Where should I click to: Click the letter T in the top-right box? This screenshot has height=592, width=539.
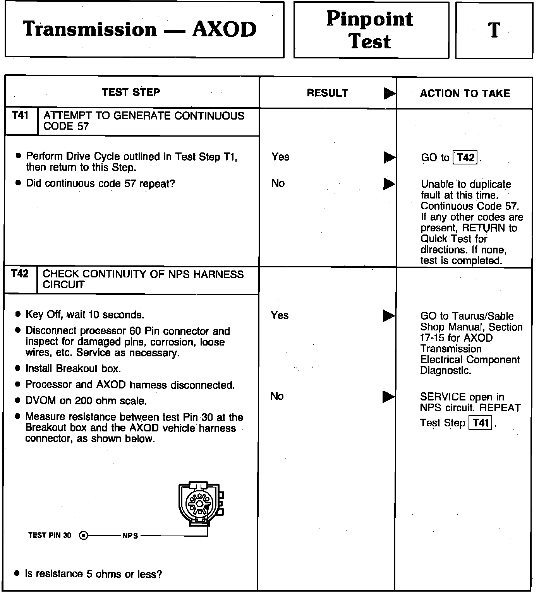(x=494, y=31)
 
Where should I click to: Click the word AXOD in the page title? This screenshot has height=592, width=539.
(x=224, y=30)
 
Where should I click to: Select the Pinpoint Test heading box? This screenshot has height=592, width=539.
(x=371, y=30)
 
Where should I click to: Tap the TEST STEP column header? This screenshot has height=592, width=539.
(x=131, y=92)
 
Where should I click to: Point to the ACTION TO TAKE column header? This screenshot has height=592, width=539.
(x=465, y=94)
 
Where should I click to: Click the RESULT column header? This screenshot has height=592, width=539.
(x=327, y=93)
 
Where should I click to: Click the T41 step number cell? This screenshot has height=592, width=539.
(x=21, y=115)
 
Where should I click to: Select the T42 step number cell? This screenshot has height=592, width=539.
(x=20, y=274)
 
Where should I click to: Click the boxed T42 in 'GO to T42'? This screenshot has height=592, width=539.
(x=465, y=157)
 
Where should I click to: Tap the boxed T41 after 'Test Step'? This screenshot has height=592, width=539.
(x=480, y=423)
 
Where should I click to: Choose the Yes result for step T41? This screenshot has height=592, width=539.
(x=280, y=157)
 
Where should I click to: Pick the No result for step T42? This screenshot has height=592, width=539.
(x=277, y=396)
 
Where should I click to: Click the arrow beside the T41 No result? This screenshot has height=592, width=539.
(x=389, y=183)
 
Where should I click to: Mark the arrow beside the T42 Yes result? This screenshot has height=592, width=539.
(x=388, y=316)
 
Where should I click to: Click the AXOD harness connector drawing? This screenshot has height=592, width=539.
(x=200, y=503)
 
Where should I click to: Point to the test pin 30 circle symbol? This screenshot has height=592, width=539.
(x=83, y=536)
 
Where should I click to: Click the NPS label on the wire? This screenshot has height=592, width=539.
(x=130, y=536)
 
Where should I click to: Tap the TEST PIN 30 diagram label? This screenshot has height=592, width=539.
(x=50, y=536)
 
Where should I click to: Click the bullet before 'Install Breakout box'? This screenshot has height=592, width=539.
(x=17, y=369)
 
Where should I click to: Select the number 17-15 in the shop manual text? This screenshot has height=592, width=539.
(x=433, y=338)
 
